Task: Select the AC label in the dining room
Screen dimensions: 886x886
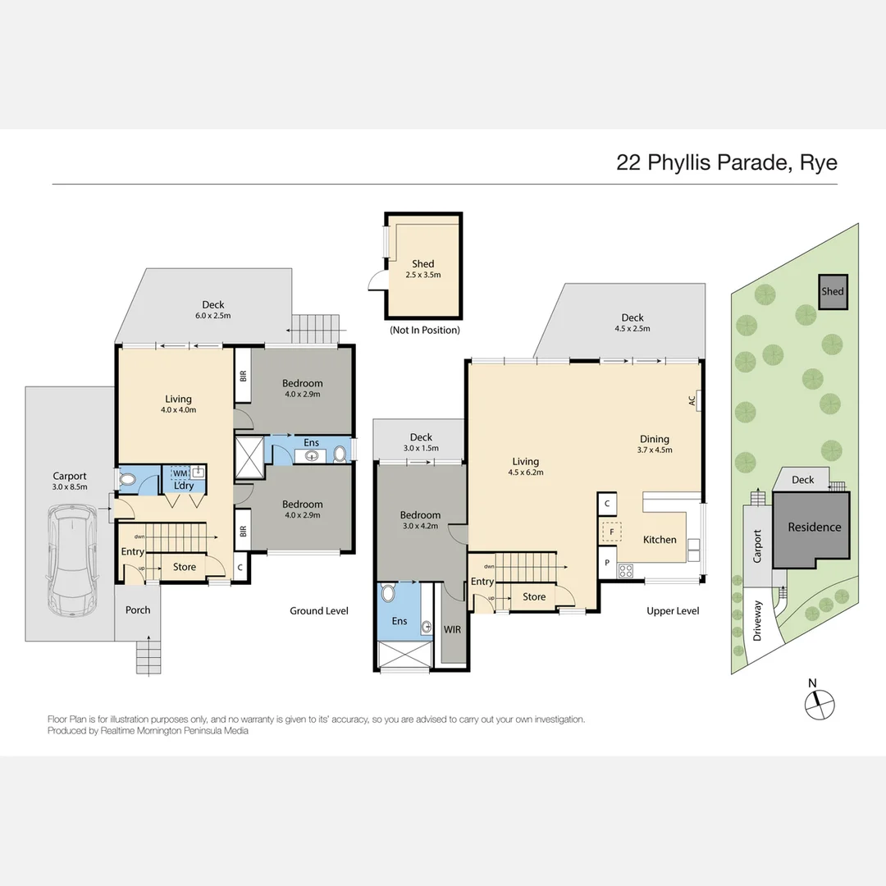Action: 692,401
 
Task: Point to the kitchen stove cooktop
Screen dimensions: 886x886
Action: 625,571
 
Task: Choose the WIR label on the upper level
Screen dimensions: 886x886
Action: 452,631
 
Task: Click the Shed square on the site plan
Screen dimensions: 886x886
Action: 832,291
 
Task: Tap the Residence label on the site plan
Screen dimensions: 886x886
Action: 814,527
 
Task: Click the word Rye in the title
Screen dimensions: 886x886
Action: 817,162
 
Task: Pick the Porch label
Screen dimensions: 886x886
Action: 138,610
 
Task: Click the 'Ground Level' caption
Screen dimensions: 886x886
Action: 318,610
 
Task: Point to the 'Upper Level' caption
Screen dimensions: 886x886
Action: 673,610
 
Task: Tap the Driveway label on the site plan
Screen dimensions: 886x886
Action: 758,620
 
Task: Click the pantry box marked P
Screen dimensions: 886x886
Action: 607,563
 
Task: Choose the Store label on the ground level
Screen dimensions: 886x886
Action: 185,567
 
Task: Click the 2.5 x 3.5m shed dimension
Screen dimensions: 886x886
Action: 422,275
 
